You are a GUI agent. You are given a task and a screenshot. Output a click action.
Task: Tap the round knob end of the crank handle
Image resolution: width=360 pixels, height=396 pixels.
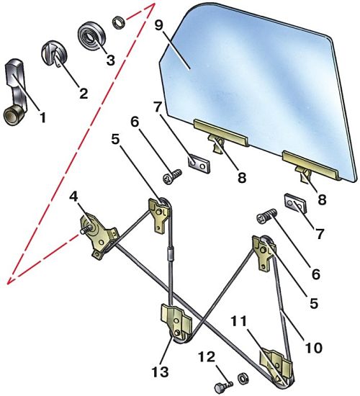(12, 116)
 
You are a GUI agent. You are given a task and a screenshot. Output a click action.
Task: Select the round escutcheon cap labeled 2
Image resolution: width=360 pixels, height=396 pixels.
(54, 53)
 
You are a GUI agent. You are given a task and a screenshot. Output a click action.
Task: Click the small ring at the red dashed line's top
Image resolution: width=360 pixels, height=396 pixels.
(119, 22)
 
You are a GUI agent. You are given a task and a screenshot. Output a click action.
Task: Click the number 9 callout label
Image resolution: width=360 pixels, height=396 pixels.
(158, 25)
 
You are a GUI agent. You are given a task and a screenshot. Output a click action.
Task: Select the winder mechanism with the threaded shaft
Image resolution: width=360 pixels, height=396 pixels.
(99, 235)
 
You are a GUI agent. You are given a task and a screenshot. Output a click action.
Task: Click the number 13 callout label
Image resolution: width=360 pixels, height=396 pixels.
(160, 372)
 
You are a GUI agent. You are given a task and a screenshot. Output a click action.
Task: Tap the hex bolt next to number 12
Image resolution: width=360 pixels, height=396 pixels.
(223, 386)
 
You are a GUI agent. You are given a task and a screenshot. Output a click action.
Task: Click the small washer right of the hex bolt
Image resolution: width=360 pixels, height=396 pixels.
(243, 378)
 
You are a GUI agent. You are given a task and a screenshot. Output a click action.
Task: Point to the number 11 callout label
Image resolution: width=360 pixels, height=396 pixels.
(238, 322)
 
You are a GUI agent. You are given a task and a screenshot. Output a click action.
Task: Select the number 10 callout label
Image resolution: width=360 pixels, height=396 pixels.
(314, 348)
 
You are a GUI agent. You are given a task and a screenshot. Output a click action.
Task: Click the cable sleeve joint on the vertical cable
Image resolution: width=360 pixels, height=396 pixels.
(171, 254)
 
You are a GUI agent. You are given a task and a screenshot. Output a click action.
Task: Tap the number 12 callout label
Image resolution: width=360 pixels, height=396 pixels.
(207, 357)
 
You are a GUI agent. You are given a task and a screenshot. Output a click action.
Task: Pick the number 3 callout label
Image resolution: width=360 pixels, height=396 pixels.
(110, 60)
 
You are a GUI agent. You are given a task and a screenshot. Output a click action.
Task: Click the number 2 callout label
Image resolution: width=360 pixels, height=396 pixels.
(83, 93)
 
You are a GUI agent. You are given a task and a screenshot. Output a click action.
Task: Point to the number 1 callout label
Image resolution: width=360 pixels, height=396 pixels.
(42, 117)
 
